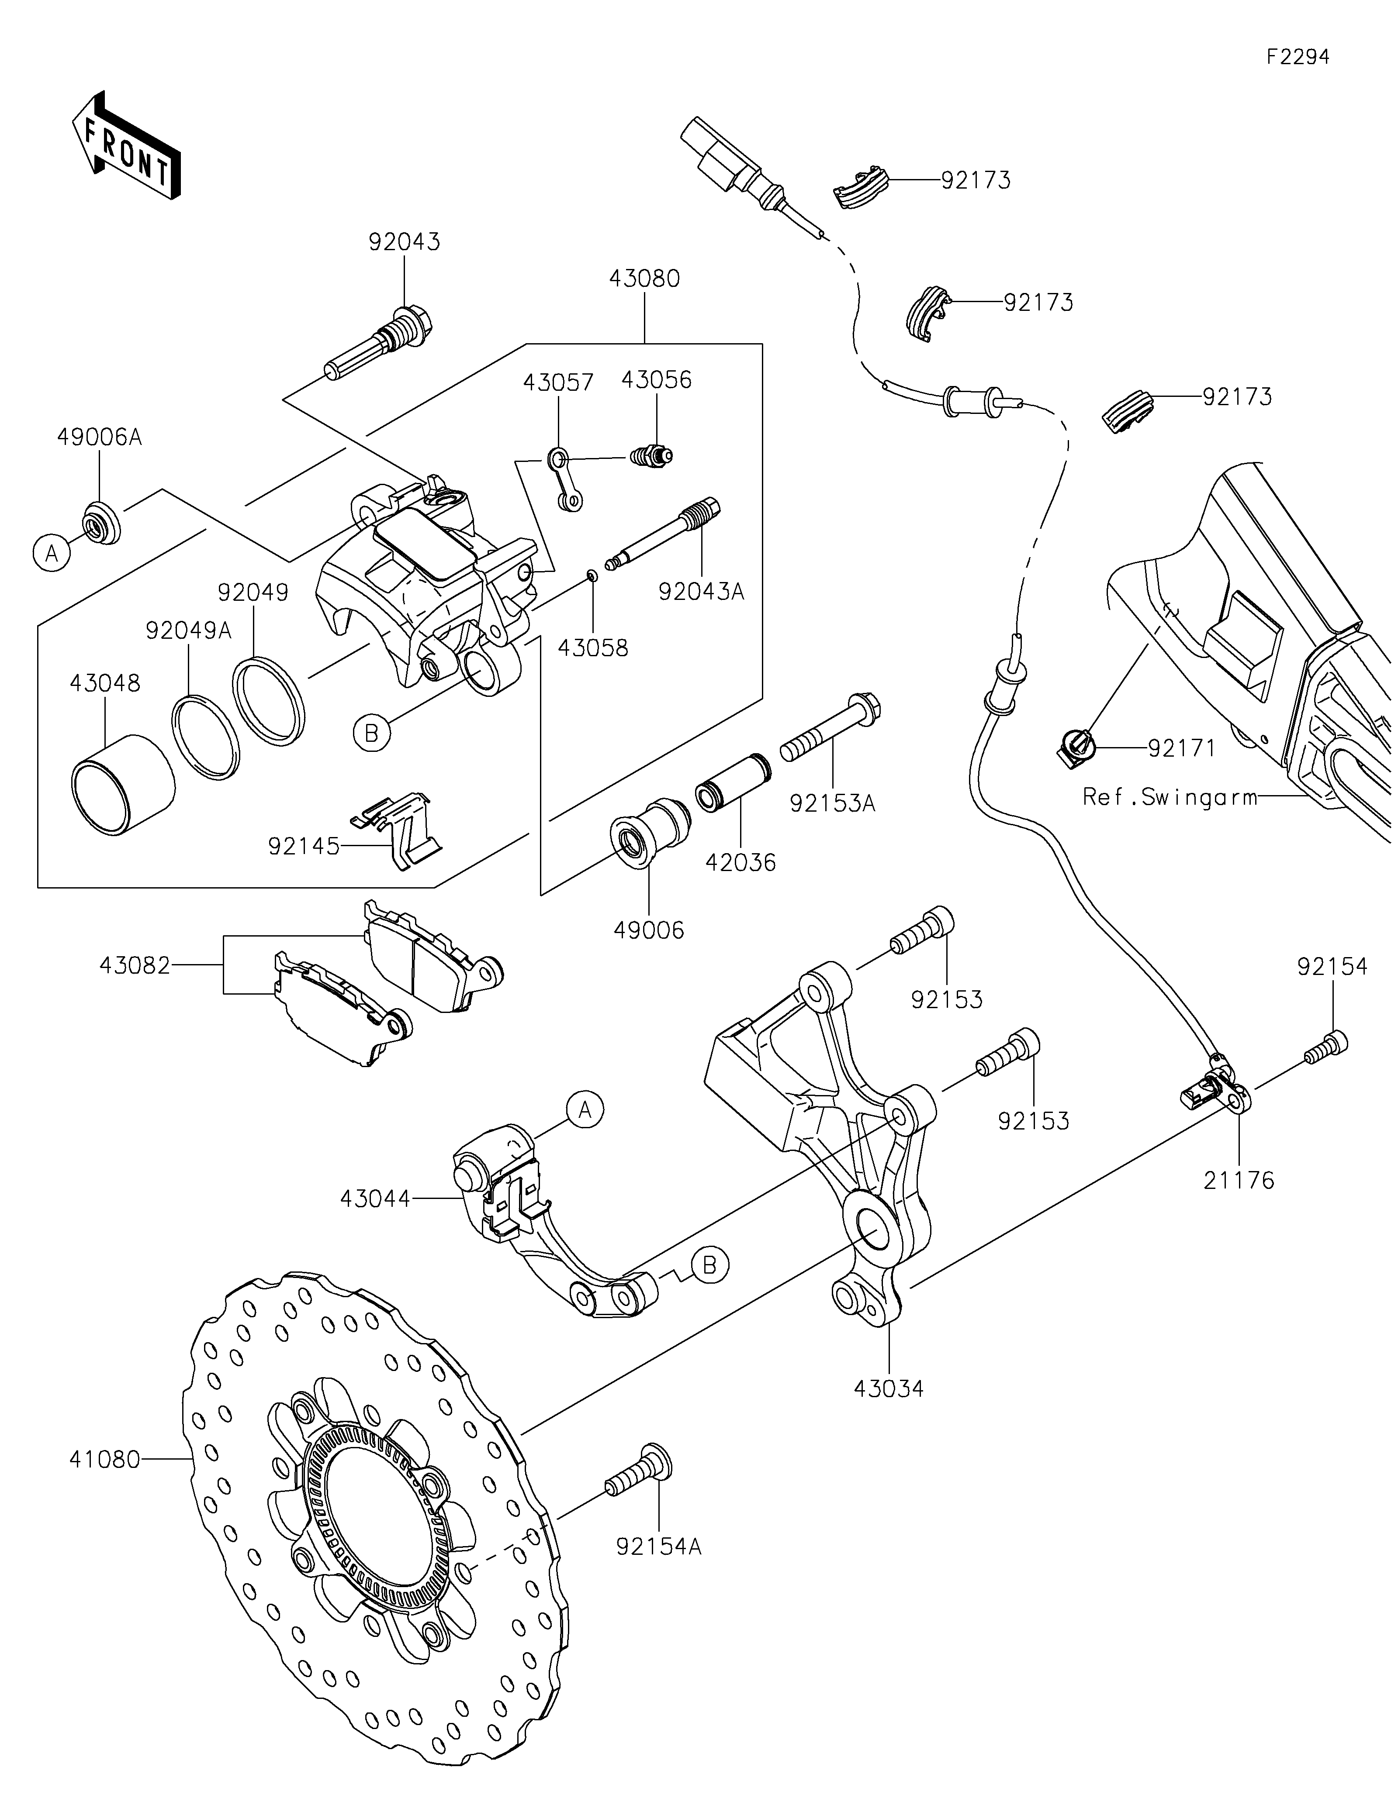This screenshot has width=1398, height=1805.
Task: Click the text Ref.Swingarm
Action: pyautogui.click(x=1170, y=797)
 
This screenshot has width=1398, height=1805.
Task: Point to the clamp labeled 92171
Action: pyautogui.click(x=1076, y=746)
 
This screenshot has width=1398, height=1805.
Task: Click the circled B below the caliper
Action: pyautogui.click(x=372, y=732)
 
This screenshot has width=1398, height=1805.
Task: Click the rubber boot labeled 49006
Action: pyautogui.click(x=649, y=831)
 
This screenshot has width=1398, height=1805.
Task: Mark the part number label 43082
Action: pyautogui.click(x=135, y=965)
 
